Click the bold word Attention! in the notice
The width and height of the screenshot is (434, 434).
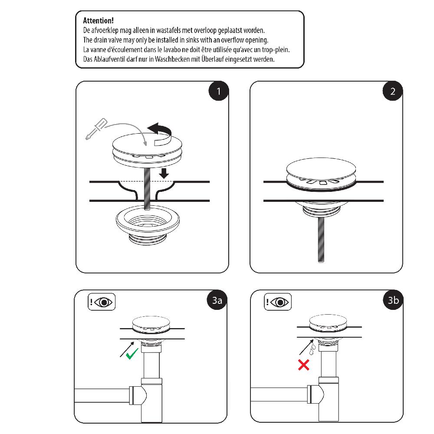[x=98, y=21]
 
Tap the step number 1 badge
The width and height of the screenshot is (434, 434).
[x=219, y=91]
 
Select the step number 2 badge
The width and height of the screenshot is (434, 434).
[x=393, y=91]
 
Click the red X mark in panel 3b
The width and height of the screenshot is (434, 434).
[x=303, y=365]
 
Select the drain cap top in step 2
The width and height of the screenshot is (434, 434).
[x=321, y=168]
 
